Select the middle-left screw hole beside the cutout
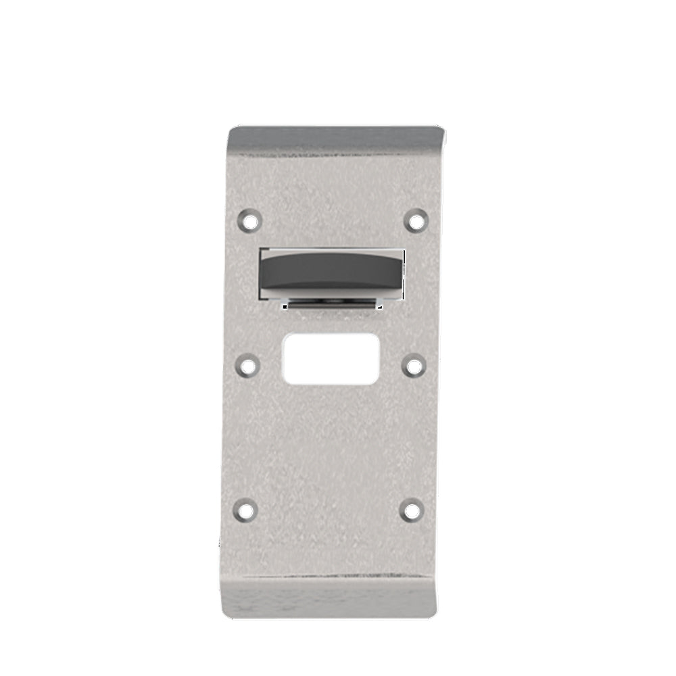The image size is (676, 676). click(x=249, y=366)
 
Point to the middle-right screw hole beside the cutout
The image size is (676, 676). click(x=413, y=366)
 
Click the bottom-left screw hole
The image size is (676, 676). click(x=245, y=510)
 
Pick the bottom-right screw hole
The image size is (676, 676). click(x=412, y=510)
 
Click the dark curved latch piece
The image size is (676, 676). click(x=332, y=270)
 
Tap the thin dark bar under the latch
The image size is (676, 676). click(x=332, y=306)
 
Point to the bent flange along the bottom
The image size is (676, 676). click(x=329, y=599)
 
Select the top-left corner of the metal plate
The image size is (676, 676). click(x=231, y=128)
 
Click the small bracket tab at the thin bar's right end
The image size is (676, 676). click(x=377, y=306)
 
